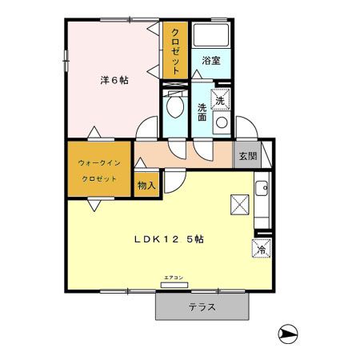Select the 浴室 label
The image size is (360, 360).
tap(210, 61)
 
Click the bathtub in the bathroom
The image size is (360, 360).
tap(212, 37)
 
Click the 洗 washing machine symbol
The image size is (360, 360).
tap(223, 101)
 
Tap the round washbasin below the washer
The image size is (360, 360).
tap(222, 123)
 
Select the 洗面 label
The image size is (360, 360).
tap(202, 111)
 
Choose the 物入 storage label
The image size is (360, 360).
tap(146, 186)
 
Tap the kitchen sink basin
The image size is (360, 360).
tap(261, 190)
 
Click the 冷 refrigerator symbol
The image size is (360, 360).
tap(261, 249)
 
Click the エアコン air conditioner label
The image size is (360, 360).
tap(174, 278)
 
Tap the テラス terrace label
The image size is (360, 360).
tap(202, 307)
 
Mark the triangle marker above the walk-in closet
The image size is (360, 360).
tap(95, 132)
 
